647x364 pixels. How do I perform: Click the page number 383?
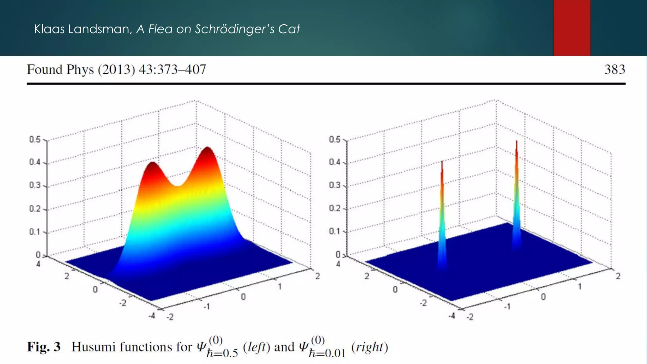click(614, 70)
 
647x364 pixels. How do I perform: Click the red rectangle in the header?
click(572, 28)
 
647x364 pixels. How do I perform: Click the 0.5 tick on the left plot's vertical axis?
click(35, 140)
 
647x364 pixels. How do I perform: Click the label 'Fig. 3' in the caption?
click(44, 347)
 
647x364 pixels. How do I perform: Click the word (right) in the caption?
click(369, 347)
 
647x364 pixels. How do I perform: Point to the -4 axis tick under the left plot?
click(152, 315)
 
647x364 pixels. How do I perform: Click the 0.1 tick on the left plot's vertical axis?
click(35, 232)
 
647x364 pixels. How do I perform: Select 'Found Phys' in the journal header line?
click(60, 70)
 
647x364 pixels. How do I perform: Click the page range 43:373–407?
click(172, 70)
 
